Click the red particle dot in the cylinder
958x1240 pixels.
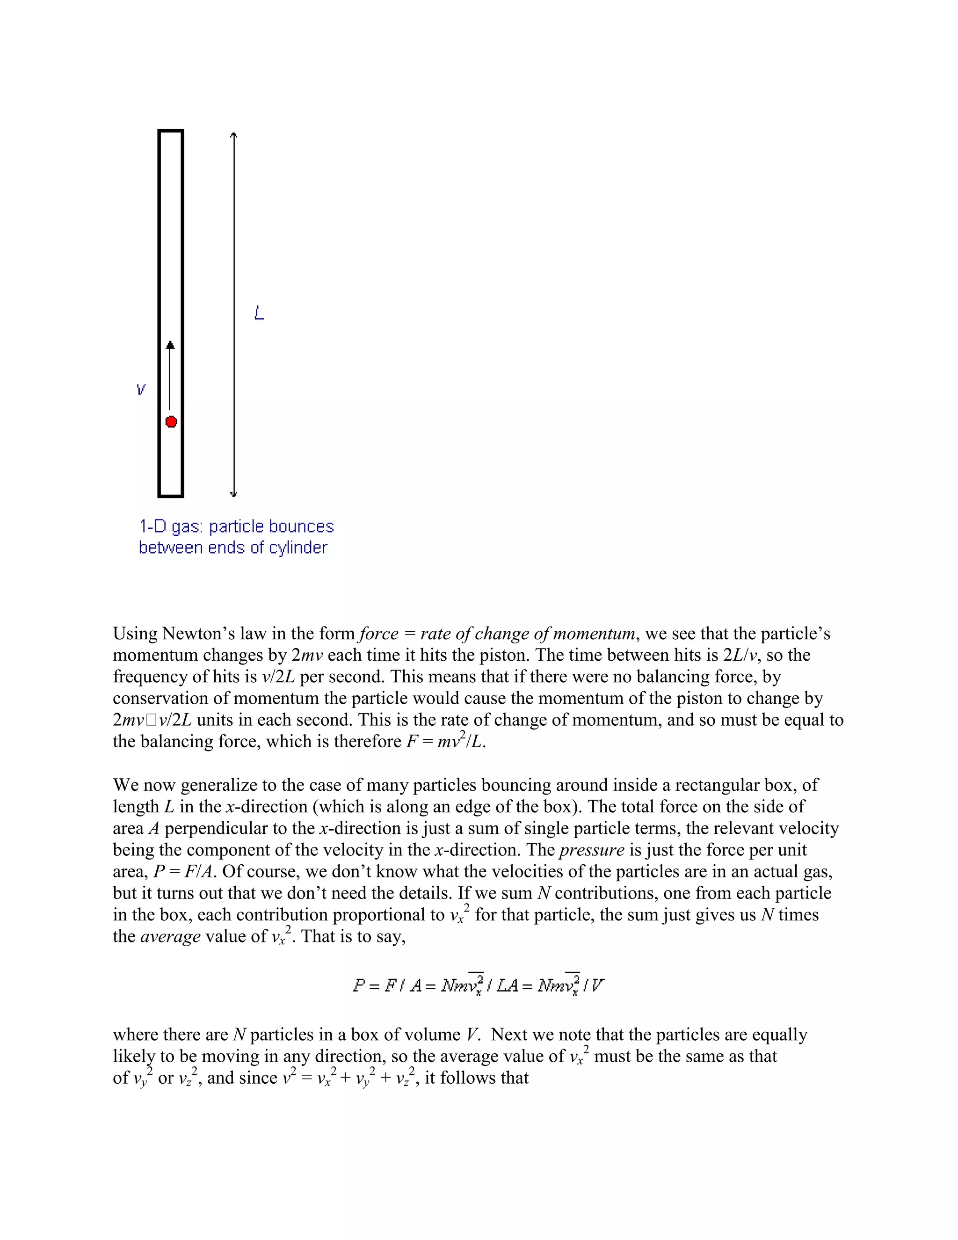tap(171, 421)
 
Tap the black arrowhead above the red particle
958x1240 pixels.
tap(170, 345)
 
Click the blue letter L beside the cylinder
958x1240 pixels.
tap(259, 313)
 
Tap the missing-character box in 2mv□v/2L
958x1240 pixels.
tap(151, 720)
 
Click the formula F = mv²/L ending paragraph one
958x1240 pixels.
tap(445, 742)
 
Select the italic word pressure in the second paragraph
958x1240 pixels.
tap(591, 850)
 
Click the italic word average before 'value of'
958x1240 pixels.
tap(170, 936)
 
